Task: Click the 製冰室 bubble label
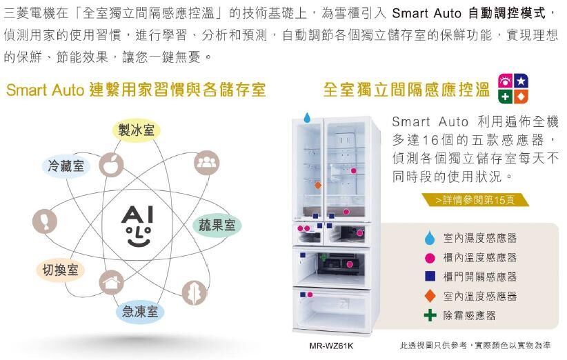pos(136,130)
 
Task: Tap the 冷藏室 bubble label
pos(66,166)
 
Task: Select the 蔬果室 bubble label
pos(217,226)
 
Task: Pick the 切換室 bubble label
pos(60,270)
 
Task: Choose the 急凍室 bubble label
pos(140,311)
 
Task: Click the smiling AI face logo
pos(137,226)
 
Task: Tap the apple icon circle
pos(111,165)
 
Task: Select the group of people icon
pos(206,163)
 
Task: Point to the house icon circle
pos(111,283)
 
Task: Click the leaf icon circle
pos(195,292)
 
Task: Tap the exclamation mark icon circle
pos(44,221)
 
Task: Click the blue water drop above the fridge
pos(307,117)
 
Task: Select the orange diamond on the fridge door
pos(318,185)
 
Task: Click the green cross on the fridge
pos(324,257)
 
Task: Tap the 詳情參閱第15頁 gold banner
pos(475,200)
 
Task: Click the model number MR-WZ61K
pos(331,346)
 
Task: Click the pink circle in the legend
pos(430,258)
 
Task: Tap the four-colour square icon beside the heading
pos(513,88)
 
